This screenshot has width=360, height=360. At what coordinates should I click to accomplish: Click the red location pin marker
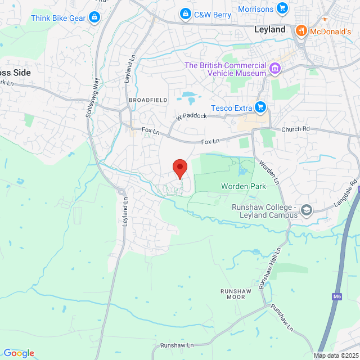[179, 168]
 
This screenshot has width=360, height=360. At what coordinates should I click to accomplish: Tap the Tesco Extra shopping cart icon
[260, 107]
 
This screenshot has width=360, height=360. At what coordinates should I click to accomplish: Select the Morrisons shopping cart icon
[282, 8]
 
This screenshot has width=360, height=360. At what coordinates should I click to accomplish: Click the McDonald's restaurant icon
[301, 31]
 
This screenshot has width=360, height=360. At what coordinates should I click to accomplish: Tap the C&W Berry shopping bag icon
[184, 13]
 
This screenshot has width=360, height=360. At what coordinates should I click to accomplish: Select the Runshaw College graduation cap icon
[307, 210]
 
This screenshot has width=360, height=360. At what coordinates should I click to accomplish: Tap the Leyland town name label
[269, 29]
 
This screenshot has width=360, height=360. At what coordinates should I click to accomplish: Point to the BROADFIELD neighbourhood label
[148, 100]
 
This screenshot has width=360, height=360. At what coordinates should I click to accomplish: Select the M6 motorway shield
[336, 296]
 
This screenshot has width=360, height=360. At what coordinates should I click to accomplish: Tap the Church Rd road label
[296, 129]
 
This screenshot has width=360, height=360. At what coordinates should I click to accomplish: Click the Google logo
[19, 353]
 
